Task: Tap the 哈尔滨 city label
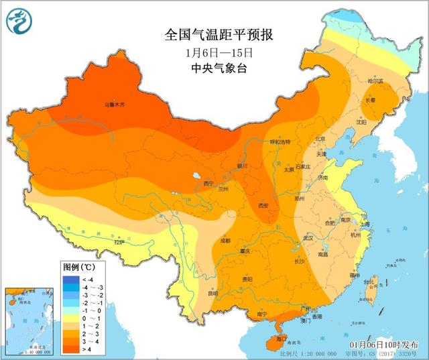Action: coord(375,81)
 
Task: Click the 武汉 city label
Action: coord(308,237)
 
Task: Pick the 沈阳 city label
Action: coord(361,123)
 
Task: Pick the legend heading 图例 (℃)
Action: coord(78,267)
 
